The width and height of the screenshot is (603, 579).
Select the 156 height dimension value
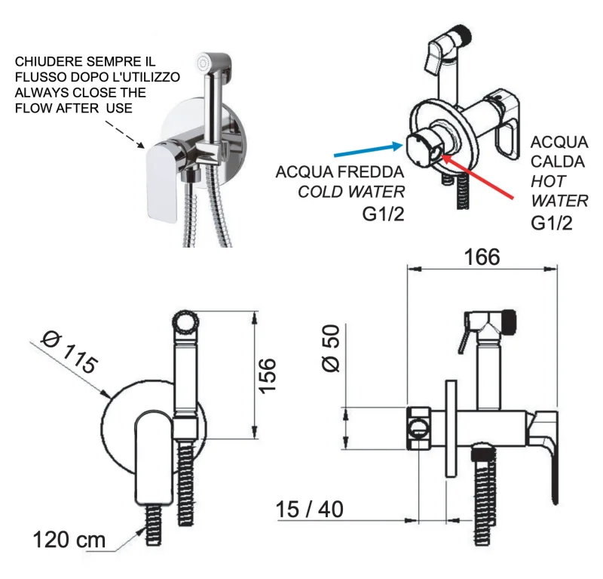click(269, 374)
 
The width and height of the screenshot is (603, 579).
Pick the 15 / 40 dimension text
click(309, 510)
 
